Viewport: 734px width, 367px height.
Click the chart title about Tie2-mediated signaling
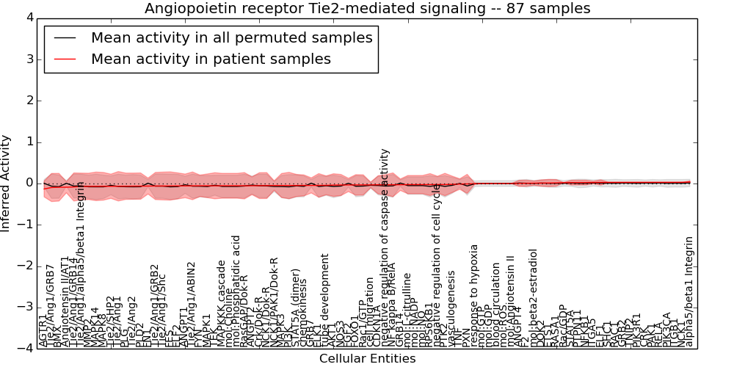[367, 9]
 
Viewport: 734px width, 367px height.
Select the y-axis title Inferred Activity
[7, 183]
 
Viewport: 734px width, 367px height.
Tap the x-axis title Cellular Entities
[367, 359]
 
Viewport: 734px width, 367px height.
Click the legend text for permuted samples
[231, 38]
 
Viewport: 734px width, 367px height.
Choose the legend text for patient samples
[211, 59]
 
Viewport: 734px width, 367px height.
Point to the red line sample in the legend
[65, 59]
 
